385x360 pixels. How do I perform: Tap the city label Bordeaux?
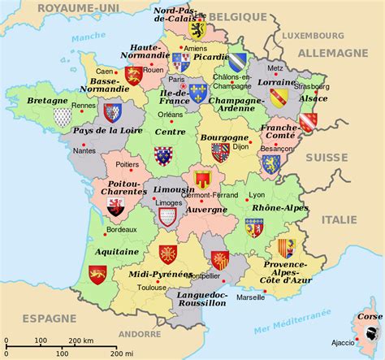[120, 229]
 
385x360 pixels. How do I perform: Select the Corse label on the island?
[370, 314]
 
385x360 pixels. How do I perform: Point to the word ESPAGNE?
[50, 317]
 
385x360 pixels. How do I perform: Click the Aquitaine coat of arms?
[98, 274]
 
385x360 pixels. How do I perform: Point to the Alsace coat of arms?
[307, 122]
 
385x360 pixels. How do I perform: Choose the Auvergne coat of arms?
[202, 180]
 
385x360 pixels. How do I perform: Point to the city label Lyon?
[257, 196]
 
